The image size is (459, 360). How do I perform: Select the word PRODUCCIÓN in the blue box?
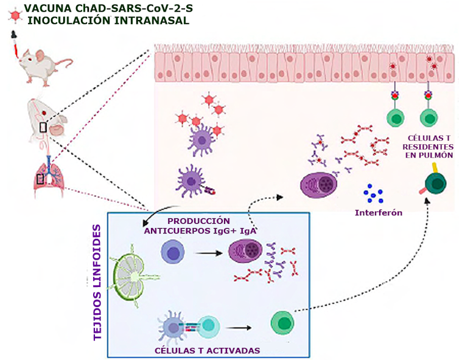[198, 221]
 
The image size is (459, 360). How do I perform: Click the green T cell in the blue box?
[282, 322]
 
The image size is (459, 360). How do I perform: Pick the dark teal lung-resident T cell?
[436, 184]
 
